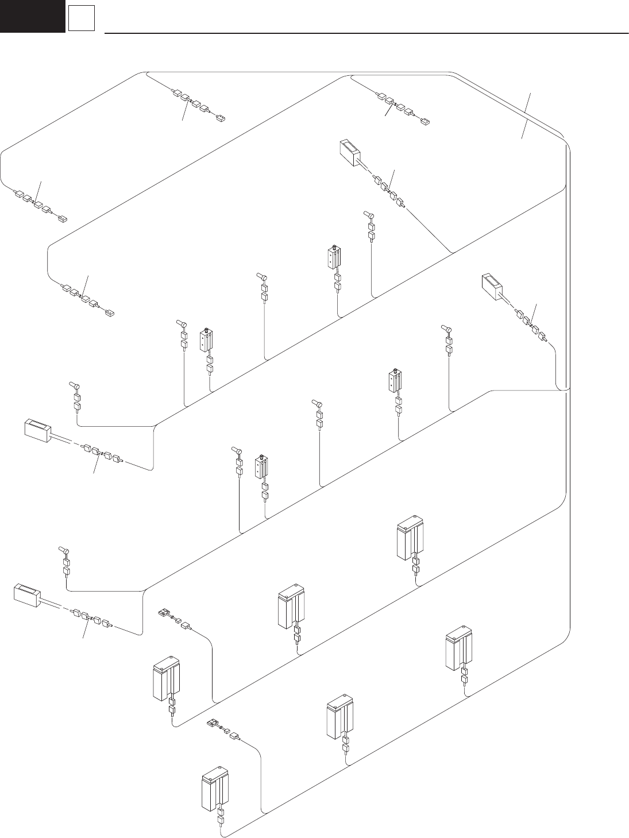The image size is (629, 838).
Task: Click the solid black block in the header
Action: click(32, 16)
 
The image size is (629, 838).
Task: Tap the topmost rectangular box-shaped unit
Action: click(350, 152)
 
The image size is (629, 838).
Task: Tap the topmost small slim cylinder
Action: click(333, 257)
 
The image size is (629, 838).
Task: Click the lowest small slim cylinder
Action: click(261, 469)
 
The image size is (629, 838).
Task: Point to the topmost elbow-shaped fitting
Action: click(368, 215)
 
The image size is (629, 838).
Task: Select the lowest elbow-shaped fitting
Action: click(64, 550)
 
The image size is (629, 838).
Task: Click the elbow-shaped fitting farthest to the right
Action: click(445, 329)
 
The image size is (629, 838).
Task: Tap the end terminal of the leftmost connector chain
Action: click(63, 218)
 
